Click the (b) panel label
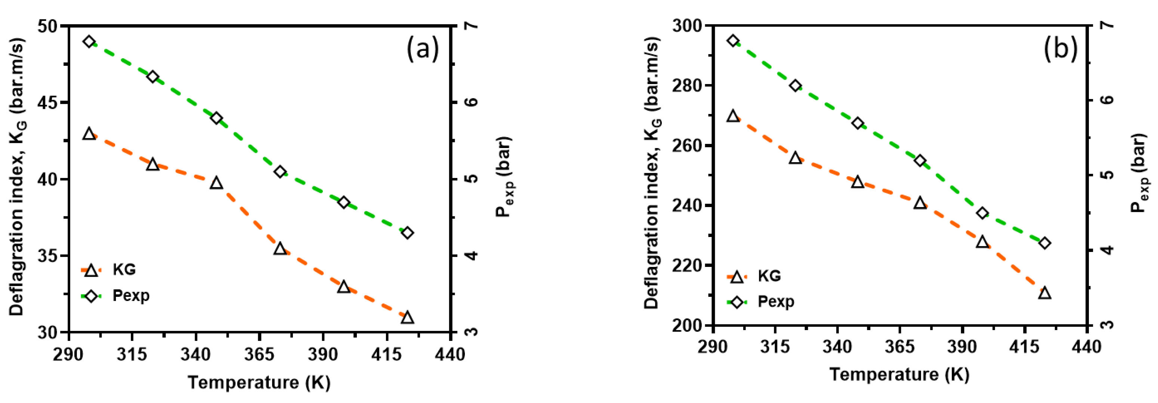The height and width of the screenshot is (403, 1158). coord(1060,48)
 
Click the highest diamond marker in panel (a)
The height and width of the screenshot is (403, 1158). coord(89,42)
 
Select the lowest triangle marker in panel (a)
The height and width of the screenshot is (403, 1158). coord(407,317)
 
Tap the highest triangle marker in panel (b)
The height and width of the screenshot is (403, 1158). coord(733,116)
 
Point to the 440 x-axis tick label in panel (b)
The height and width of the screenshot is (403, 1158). coord(1086,347)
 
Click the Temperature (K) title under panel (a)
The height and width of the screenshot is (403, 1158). coord(259,382)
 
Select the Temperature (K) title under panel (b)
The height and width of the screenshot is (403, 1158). coord(899,375)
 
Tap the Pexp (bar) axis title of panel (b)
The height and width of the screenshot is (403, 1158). coord(1139,173)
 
